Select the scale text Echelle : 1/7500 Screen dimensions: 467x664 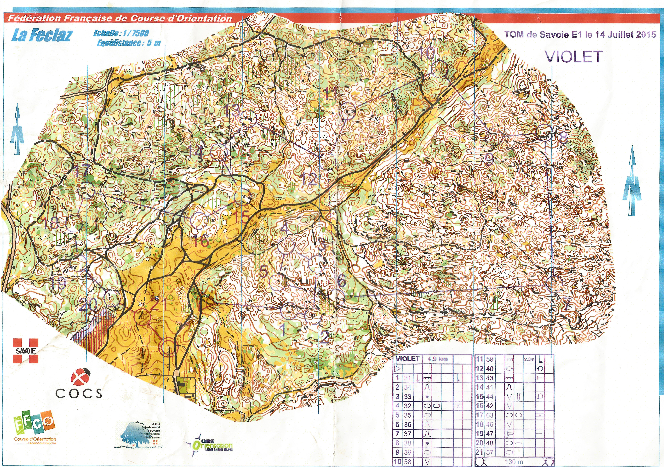pos(121,33)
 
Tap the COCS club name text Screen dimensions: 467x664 pos(79,393)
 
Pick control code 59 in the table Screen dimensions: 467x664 pos(490,359)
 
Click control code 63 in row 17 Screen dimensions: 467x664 pos(490,415)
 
